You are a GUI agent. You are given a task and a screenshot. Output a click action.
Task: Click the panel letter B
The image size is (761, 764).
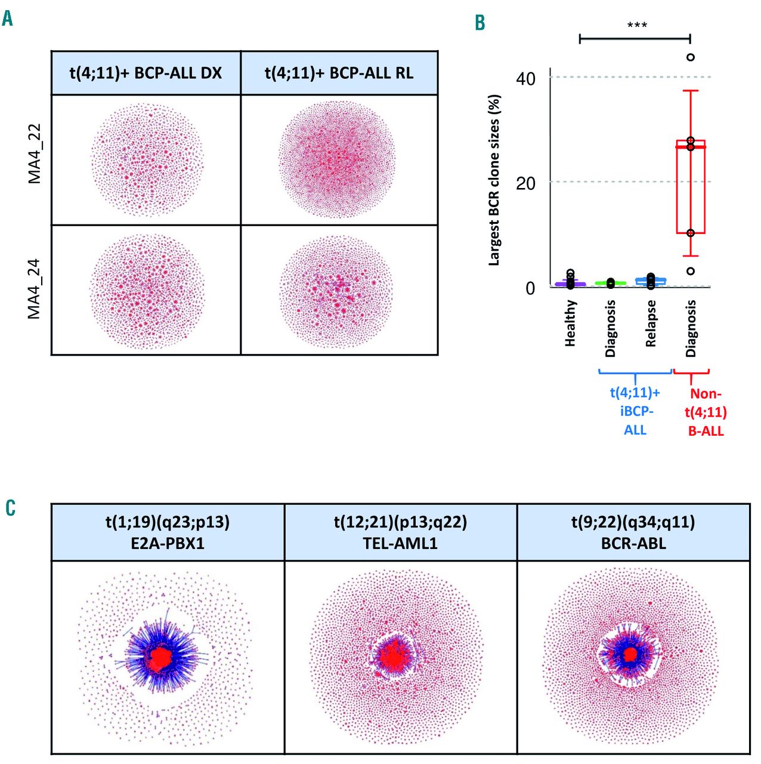(480, 23)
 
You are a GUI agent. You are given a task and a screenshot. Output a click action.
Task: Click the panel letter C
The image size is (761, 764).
(10, 508)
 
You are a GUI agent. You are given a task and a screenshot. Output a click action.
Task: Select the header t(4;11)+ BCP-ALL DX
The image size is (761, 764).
(146, 73)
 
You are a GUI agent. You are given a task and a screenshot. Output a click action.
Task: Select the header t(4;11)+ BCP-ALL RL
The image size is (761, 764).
(339, 73)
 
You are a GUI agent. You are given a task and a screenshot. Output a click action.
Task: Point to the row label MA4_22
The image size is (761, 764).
(35, 154)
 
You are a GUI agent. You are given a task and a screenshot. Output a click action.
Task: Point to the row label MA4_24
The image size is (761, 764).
(35, 289)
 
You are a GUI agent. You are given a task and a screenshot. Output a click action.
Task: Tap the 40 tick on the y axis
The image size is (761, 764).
(526, 79)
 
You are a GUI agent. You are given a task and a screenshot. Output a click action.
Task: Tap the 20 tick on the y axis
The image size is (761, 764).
(526, 183)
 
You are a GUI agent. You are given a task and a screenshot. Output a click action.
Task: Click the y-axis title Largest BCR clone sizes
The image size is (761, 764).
(494, 179)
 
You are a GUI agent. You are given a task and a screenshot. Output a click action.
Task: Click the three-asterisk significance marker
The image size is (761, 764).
(637, 26)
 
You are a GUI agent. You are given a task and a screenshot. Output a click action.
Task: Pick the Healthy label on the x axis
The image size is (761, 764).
(571, 323)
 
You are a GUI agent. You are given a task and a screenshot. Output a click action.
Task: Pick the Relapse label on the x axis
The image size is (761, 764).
(651, 323)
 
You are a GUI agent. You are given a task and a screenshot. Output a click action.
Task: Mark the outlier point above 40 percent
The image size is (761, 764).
(691, 57)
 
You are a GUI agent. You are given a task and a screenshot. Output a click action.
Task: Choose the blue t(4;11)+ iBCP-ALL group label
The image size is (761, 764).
(635, 411)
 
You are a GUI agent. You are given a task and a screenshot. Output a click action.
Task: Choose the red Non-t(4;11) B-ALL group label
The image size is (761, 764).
(706, 412)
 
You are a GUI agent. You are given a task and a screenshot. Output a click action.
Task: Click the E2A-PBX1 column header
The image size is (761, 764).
(168, 532)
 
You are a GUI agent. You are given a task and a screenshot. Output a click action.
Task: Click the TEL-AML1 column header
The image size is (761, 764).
(401, 532)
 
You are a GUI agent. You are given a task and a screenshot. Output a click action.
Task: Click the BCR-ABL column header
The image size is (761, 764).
(633, 532)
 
